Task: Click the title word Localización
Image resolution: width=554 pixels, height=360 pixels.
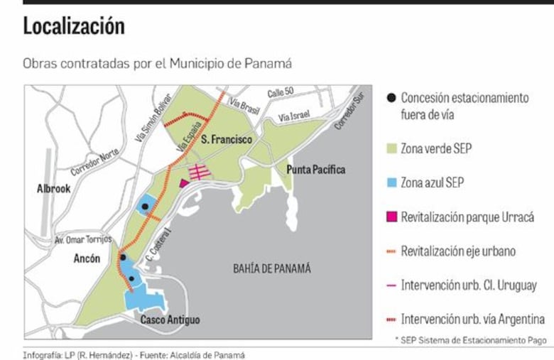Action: coord(74,27)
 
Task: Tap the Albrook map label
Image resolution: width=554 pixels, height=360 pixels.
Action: coord(54,189)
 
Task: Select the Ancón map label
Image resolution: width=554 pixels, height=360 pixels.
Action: coord(87,259)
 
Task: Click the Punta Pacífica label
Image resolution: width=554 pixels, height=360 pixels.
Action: coord(316,170)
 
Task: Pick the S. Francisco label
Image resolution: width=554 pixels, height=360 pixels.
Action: coord(226,140)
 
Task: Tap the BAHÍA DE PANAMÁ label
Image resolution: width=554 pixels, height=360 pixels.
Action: coord(272,268)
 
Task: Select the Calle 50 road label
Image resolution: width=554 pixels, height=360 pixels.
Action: coord(280,92)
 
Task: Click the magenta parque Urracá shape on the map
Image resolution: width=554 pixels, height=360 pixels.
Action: coord(185,182)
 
